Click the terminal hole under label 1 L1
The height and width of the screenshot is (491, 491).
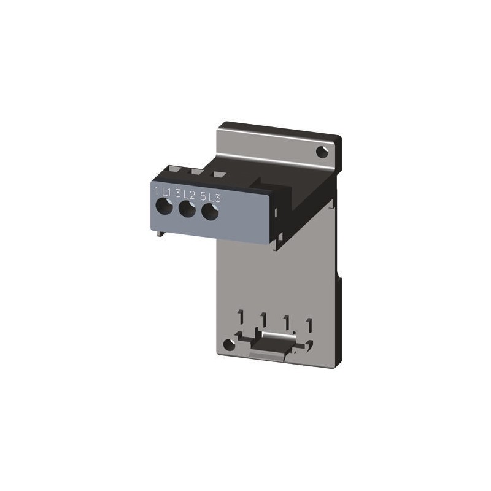164,207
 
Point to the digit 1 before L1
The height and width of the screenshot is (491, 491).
157,191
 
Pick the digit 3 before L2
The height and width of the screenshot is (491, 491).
178,194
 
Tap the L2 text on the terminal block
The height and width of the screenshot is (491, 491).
188,195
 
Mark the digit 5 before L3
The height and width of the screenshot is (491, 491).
202,196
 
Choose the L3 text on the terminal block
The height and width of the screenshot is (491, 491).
213,198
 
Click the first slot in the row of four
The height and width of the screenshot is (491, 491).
242,317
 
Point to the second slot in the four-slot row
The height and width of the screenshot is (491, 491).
263,319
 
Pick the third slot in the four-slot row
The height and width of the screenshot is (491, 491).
286,321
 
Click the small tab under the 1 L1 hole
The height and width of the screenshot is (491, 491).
160,231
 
